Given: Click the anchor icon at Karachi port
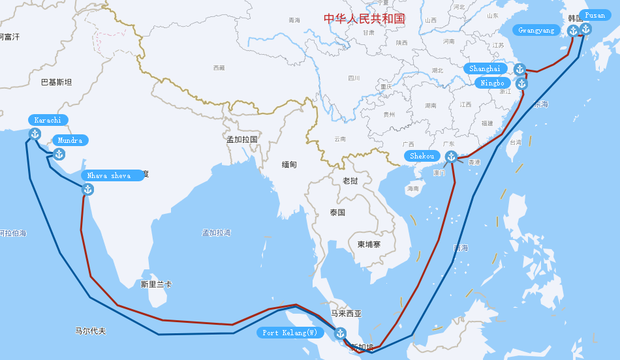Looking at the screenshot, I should click(35, 134).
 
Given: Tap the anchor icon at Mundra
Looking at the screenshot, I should click(59, 154).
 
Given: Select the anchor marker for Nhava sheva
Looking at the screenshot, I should click(87, 189).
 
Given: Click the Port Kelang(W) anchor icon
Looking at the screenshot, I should click(339, 333).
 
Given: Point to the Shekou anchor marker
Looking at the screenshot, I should click(451, 156).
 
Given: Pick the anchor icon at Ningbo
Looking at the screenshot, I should click(521, 83).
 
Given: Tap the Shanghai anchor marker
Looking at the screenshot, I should click(519, 69).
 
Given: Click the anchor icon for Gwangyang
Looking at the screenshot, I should click(573, 30).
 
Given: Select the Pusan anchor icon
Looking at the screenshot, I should click(585, 29).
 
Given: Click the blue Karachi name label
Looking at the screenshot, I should click(48, 120).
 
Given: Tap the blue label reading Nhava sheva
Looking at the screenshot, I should click(110, 175).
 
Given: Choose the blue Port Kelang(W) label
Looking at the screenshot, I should click(290, 333).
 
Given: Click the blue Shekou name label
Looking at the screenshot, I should click(422, 156).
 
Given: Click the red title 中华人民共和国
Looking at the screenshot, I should click(364, 18).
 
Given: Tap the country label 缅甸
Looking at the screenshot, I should click(289, 165).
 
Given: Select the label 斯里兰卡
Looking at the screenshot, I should click(156, 284).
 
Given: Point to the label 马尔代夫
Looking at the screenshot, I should click(90, 331).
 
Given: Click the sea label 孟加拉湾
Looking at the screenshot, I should click(216, 233).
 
